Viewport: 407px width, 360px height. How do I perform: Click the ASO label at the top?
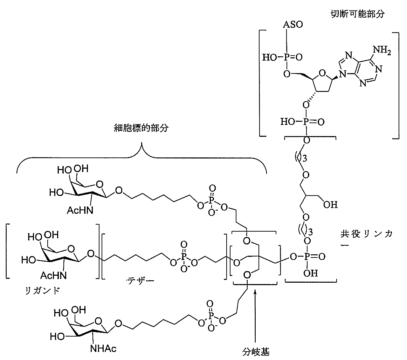293,24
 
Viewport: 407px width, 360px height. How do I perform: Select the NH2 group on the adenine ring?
382,50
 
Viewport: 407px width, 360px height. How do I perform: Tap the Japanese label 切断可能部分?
357,14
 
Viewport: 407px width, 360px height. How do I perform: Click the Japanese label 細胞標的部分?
141,128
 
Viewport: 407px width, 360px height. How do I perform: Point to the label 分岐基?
256,352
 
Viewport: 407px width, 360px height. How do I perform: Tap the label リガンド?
42,290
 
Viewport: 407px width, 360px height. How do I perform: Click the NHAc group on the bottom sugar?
103,348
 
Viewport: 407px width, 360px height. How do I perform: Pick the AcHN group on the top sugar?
80,210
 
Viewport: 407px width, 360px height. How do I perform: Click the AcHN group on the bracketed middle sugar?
53,275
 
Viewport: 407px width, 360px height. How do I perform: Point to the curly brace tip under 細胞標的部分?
142,142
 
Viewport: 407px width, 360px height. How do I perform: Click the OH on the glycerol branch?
330,205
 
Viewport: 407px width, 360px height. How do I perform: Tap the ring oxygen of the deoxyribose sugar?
322,73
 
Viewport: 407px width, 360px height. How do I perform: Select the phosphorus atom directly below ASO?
286,57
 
